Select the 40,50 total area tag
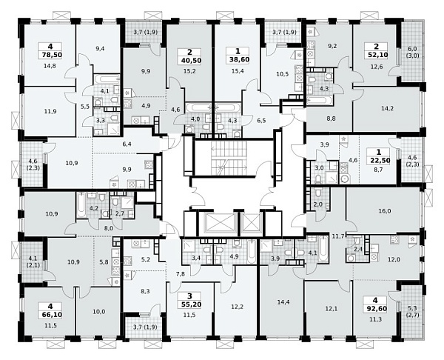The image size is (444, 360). click(x=189, y=61)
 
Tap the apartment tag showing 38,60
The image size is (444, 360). click(x=238, y=59)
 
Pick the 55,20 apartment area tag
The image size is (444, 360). click(x=189, y=304)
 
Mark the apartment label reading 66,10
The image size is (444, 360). click(x=50, y=314)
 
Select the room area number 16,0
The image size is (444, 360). click(x=385, y=211)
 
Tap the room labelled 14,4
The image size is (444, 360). click(x=283, y=302)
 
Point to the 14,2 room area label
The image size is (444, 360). click(x=387, y=108)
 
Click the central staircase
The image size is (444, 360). click(x=229, y=158)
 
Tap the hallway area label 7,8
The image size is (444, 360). click(x=180, y=274)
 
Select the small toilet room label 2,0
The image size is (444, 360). click(x=318, y=204)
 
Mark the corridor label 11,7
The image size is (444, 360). click(x=337, y=235)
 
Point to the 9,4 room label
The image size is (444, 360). click(x=100, y=48)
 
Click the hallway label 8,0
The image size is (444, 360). click(x=109, y=227)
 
